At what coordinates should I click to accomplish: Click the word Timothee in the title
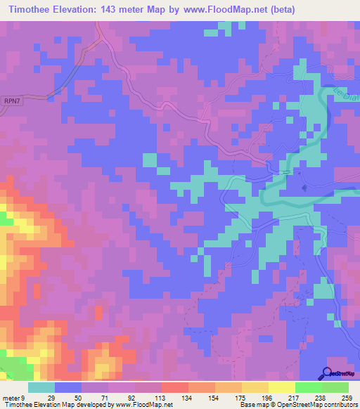point(34,9)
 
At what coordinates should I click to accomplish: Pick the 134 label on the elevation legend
point(168,398)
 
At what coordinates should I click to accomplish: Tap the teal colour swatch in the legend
point(41,387)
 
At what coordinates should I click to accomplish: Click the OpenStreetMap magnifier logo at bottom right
point(328,373)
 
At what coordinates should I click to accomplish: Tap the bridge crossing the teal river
point(288,171)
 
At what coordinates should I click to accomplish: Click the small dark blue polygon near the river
point(304,188)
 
